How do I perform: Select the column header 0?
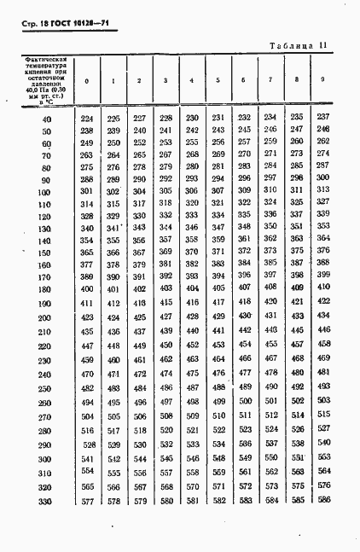(x=86, y=80)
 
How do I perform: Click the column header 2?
(x=139, y=80)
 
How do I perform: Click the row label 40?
(x=45, y=119)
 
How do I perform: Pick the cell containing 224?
(x=86, y=118)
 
